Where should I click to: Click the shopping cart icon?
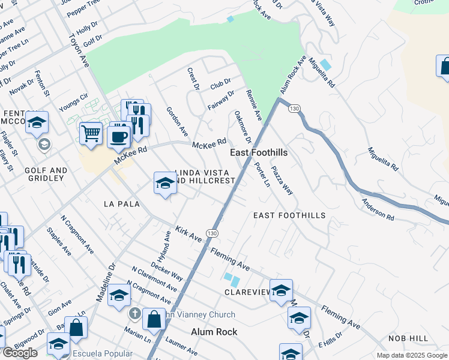[91, 133]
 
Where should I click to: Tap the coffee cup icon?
[118, 136]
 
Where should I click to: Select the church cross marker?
[134, 314]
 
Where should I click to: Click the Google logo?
[20, 353]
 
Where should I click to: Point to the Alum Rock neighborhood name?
[214, 332]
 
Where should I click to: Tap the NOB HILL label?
[408, 338]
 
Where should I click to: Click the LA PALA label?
[121, 204]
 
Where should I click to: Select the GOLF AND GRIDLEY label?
[45, 174]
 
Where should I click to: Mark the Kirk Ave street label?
[188, 234]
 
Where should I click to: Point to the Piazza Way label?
[282, 180]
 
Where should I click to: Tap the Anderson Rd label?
[378, 209]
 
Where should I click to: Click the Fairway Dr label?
[221, 100]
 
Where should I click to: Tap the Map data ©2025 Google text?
[412, 355]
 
